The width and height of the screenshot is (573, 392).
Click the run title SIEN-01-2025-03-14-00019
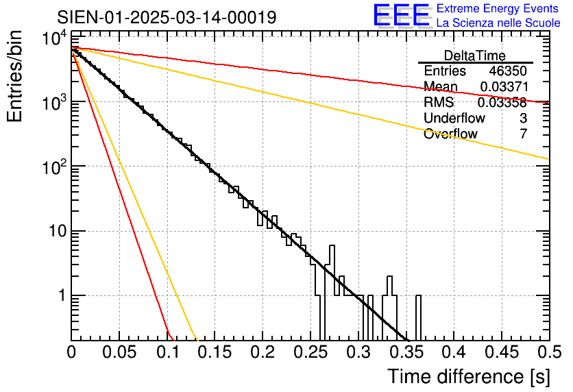tap(167, 17)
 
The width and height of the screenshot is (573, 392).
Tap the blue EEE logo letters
tap(402, 15)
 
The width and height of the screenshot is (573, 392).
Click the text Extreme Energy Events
tap(498, 8)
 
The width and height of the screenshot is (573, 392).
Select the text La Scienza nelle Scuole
tap(498, 23)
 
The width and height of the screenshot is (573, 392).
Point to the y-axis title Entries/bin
tap(14, 76)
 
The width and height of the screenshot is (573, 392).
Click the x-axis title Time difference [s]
tap(469, 376)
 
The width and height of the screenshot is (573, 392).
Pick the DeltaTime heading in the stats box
tap(475, 56)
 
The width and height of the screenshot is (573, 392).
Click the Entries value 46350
tap(508, 71)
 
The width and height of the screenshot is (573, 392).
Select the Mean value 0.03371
tap(504, 86)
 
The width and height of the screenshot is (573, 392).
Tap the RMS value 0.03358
tap(502, 102)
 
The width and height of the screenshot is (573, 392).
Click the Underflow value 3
tap(523, 118)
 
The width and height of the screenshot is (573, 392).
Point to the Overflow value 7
tap(523, 134)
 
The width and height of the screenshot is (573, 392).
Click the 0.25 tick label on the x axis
tap(310, 352)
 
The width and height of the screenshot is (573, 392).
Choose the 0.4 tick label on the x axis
tap(454, 352)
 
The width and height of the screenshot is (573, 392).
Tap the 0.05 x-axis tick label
tap(119, 352)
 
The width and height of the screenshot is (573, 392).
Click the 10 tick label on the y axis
tap(58, 231)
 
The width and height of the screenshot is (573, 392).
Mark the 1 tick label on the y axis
tap(62, 295)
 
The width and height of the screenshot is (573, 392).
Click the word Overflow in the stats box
tap(450, 134)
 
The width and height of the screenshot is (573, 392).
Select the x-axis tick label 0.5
tap(549, 352)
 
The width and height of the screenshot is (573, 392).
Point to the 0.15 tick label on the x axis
tap(215, 352)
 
